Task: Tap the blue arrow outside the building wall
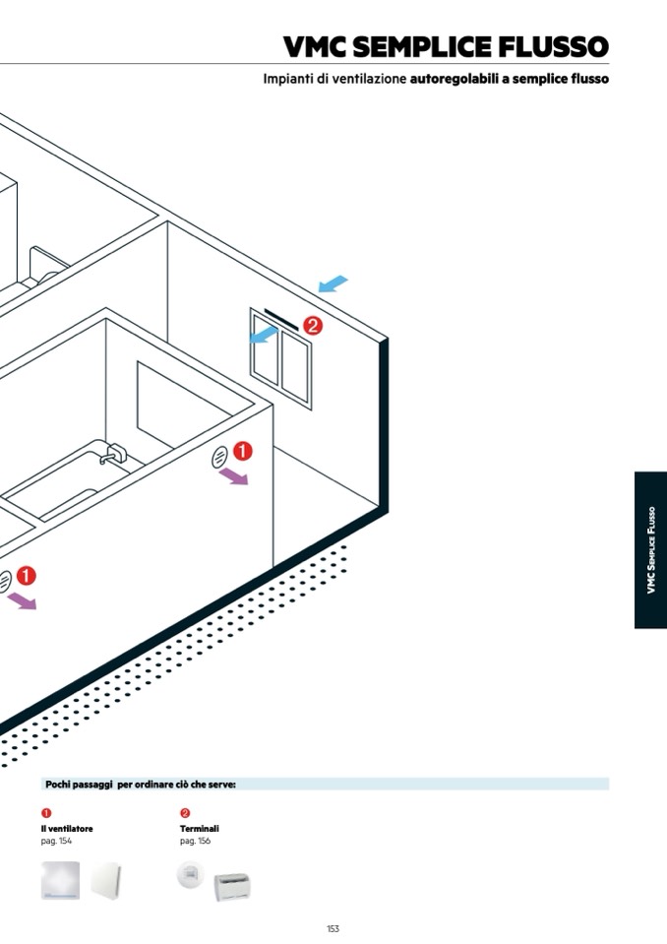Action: pos(333,284)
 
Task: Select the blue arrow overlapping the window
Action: pos(262,337)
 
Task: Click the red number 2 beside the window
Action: pos(313,325)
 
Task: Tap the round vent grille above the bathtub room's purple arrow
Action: pos(219,456)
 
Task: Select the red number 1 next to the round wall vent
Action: pos(242,452)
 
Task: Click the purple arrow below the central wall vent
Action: pos(233,477)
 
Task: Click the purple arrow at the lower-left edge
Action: pos(21,598)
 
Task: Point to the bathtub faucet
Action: pos(111,455)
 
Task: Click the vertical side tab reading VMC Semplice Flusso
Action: pos(650,549)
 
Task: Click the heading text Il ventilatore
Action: pos(67,829)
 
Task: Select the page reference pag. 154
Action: pos(56,841)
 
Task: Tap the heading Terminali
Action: pos(199,829)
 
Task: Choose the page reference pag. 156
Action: pos(195,841)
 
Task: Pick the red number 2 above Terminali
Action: pos(185,813)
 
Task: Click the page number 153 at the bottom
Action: pos(333,928)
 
